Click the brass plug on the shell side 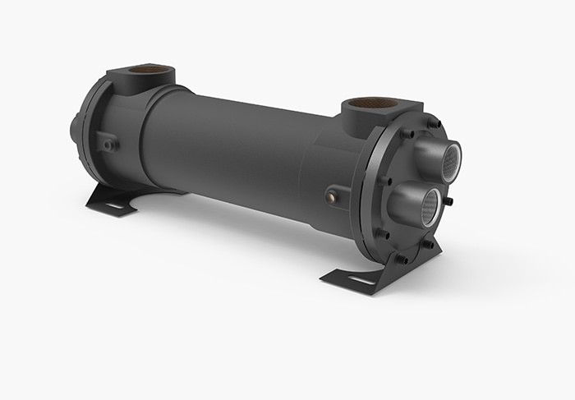pos(331,196)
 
